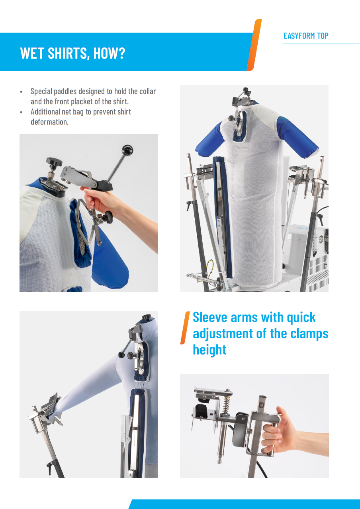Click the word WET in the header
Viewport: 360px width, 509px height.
[x=32, y=53]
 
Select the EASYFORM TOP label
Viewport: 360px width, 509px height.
[x=306, y=36]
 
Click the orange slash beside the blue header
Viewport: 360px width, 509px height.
[x=254, y=45]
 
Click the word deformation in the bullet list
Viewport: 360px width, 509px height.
[x=49, y=122]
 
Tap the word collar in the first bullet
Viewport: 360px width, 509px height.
[x=147, y=92]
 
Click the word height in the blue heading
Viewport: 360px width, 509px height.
[x=209, y=350]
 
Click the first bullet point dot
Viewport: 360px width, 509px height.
[x=22, y=92]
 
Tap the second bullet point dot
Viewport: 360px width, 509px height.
[x=22, y=112]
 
